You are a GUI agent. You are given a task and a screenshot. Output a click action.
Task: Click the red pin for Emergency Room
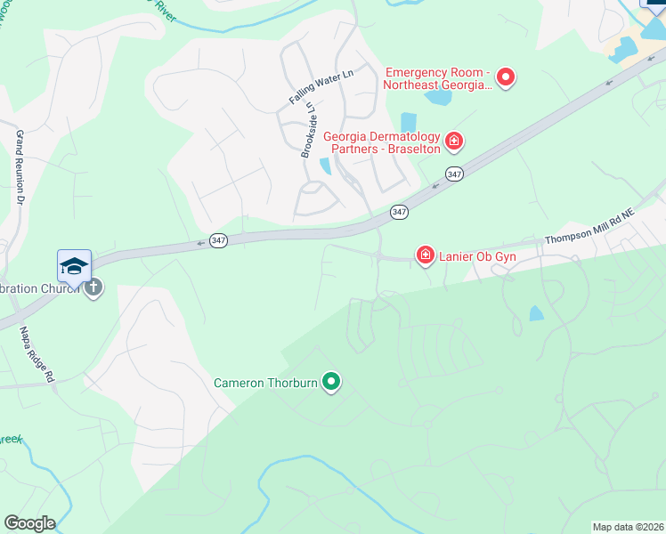(x=505, y=77)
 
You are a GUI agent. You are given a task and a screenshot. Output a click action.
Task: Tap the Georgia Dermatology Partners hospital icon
(x=453, y=141)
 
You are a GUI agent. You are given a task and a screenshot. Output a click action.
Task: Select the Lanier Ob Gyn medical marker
(x=426, y=256)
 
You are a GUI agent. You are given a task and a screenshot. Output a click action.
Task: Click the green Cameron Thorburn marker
(x=331, y=383)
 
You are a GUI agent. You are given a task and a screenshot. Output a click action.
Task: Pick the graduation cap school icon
(x=75, y=266)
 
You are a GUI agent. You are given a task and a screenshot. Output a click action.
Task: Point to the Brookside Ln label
(x=308, y=129)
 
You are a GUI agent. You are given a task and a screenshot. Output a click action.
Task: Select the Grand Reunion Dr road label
(x=19, y=169)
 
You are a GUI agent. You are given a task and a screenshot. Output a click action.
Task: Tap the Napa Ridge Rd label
(x=37, y=354)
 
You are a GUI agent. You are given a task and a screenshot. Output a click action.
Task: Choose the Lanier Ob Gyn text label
(x=476, y=256)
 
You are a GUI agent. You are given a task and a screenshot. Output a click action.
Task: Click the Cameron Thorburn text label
(x=266, y=384)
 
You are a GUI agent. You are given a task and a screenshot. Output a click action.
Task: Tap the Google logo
(x=29, y=522)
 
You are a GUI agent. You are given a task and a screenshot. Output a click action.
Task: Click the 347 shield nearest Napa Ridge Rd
(x=218, y=240)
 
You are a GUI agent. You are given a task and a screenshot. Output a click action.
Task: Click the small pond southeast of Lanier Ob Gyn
(x=536, y=313)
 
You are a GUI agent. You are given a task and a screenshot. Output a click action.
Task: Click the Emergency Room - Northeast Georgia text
(x=437, y=78)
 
